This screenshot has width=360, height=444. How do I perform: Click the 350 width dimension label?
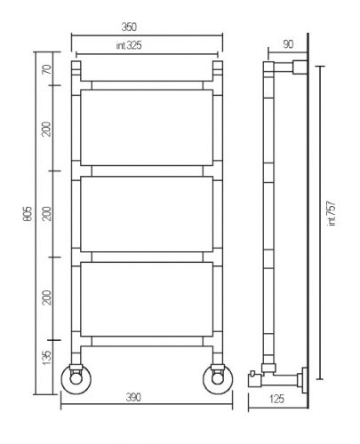(129, 28)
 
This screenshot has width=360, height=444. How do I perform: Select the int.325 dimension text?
(129, 45)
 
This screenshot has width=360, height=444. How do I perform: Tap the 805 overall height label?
(28, 213)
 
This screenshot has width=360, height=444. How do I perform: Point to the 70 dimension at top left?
(47, 70)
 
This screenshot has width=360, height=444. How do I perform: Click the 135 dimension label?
(47, 358)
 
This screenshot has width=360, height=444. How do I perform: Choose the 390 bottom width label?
(133, 398)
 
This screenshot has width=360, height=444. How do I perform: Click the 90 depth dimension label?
(288, 44)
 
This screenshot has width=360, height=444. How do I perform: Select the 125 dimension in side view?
(277, 399)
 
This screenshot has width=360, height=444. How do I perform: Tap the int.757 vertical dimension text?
(332, 213)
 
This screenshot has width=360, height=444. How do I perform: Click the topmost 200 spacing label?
(47, 129)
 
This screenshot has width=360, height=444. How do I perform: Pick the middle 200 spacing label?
(47, 213)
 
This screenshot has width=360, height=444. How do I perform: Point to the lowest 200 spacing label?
(47, 297)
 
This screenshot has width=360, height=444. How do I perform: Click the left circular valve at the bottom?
(76, 379)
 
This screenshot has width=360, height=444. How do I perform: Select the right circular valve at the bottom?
(218, 379)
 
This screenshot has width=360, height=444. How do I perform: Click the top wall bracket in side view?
(300, 67)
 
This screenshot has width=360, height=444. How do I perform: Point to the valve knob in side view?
(255, 378)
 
